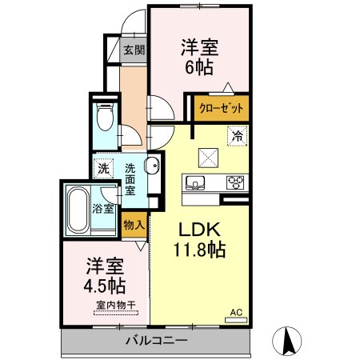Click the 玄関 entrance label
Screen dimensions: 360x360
134,50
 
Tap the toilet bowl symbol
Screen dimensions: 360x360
105,117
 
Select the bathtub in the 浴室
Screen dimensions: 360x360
78,210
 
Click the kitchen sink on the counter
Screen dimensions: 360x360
195,182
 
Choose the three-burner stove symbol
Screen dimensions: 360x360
235,182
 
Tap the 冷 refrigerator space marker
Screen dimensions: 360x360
237,136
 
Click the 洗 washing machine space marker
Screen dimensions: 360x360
103,169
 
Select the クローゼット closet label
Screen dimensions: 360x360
222,108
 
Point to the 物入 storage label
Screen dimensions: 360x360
134,225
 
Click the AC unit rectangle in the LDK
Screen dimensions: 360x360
236,320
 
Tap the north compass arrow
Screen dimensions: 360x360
287,341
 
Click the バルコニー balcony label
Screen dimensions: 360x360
157,341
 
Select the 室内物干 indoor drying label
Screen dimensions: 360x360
116,305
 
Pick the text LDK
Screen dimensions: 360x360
199,230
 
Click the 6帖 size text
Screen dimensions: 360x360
199,67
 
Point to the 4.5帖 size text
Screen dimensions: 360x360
104,286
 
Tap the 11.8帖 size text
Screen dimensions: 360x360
200,250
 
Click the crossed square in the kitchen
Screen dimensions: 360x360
208,158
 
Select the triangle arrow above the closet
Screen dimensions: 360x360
228,87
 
